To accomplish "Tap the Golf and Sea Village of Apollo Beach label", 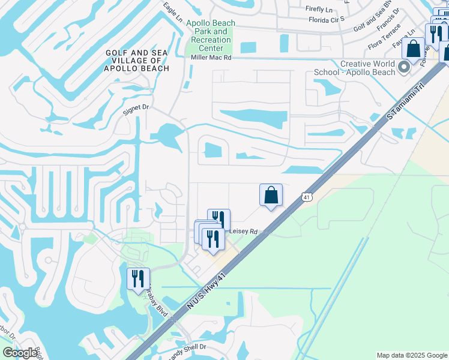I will [137, 61].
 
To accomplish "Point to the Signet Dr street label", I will [135, 107].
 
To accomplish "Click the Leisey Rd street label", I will [243, 231].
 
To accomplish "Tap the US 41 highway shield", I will [306, 197].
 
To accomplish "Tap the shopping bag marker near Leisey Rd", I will [271, 195].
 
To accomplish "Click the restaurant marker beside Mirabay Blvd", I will [139, 278].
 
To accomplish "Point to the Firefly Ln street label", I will [319, 9].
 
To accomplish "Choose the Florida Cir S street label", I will [326, 19].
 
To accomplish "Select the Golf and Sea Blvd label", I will [372, 20].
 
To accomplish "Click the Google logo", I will [20, 353].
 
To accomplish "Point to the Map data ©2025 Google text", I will [412, 355].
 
